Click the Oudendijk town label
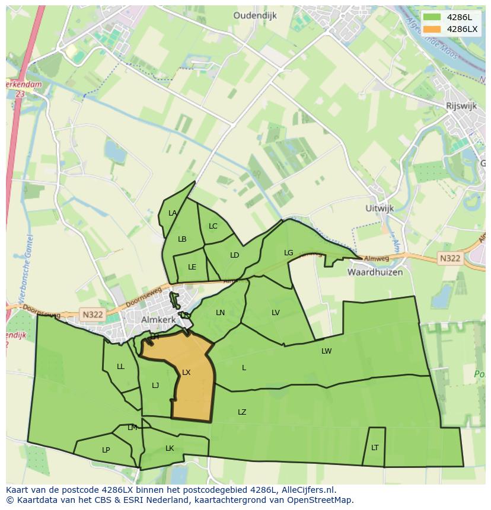point(255,16)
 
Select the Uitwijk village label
point(380,209)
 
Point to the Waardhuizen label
point(375,272)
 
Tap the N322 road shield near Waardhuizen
point(450,258)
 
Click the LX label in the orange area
point(186,373)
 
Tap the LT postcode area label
point(375,448)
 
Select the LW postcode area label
point(326,351)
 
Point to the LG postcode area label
point(288,253)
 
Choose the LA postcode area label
point(173,213)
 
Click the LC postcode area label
point(213,226)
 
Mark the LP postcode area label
point(106,450)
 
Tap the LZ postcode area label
point(242,412)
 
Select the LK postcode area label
point(170,448)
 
